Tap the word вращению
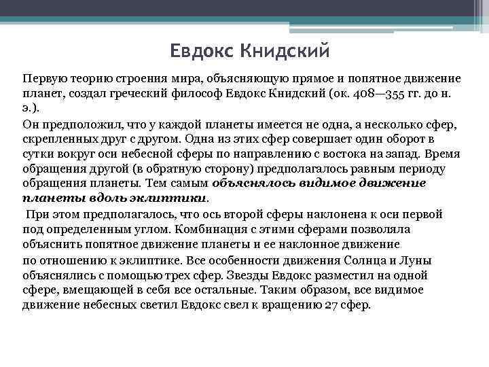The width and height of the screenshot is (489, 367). (287, 304)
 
